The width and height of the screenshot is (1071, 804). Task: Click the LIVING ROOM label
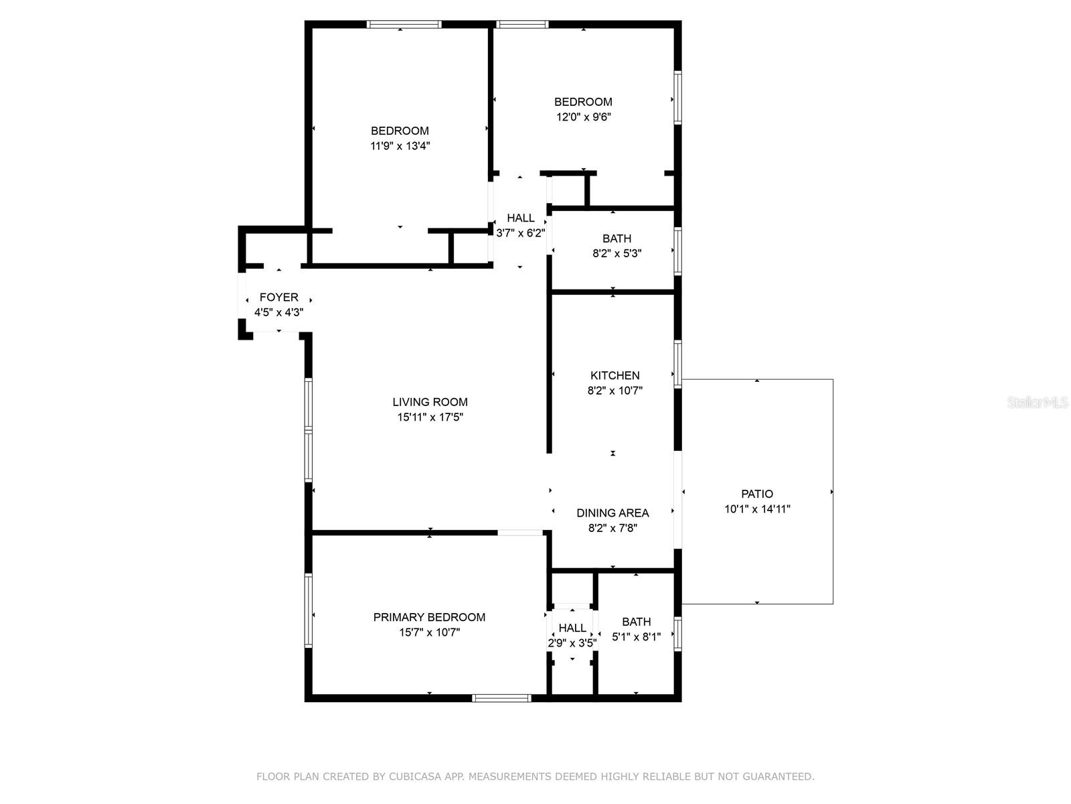click(430, 402)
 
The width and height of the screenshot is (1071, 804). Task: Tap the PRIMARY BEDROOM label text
click(429, 617)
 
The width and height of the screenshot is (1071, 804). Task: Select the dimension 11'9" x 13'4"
click(400, 145)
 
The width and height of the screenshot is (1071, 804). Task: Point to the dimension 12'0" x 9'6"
click(583, 117)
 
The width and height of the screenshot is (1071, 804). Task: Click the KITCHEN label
click(614, 375)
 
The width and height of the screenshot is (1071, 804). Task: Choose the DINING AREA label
click(612, 513)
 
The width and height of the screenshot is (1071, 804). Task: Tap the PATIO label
click(757, 494)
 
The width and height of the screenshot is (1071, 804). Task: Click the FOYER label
click(278, 297)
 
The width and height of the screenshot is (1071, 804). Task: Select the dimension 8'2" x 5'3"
click(616, 253)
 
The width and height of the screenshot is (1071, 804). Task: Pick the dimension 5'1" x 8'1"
click(636, 636)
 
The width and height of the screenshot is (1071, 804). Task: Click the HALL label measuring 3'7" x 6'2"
click(520, 218)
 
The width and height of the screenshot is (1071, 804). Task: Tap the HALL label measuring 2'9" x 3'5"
click(572, 628)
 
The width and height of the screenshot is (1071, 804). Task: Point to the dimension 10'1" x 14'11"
click(757, 509)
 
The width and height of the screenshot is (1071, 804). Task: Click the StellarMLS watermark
click(1038, 402)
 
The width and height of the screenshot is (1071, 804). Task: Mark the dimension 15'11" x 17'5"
click(430, 417)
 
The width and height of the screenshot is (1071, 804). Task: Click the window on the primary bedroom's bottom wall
click(501, 698)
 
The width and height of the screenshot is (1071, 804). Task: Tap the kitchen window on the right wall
click(677, 364)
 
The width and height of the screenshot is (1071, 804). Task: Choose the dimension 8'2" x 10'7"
click(614, 390)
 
